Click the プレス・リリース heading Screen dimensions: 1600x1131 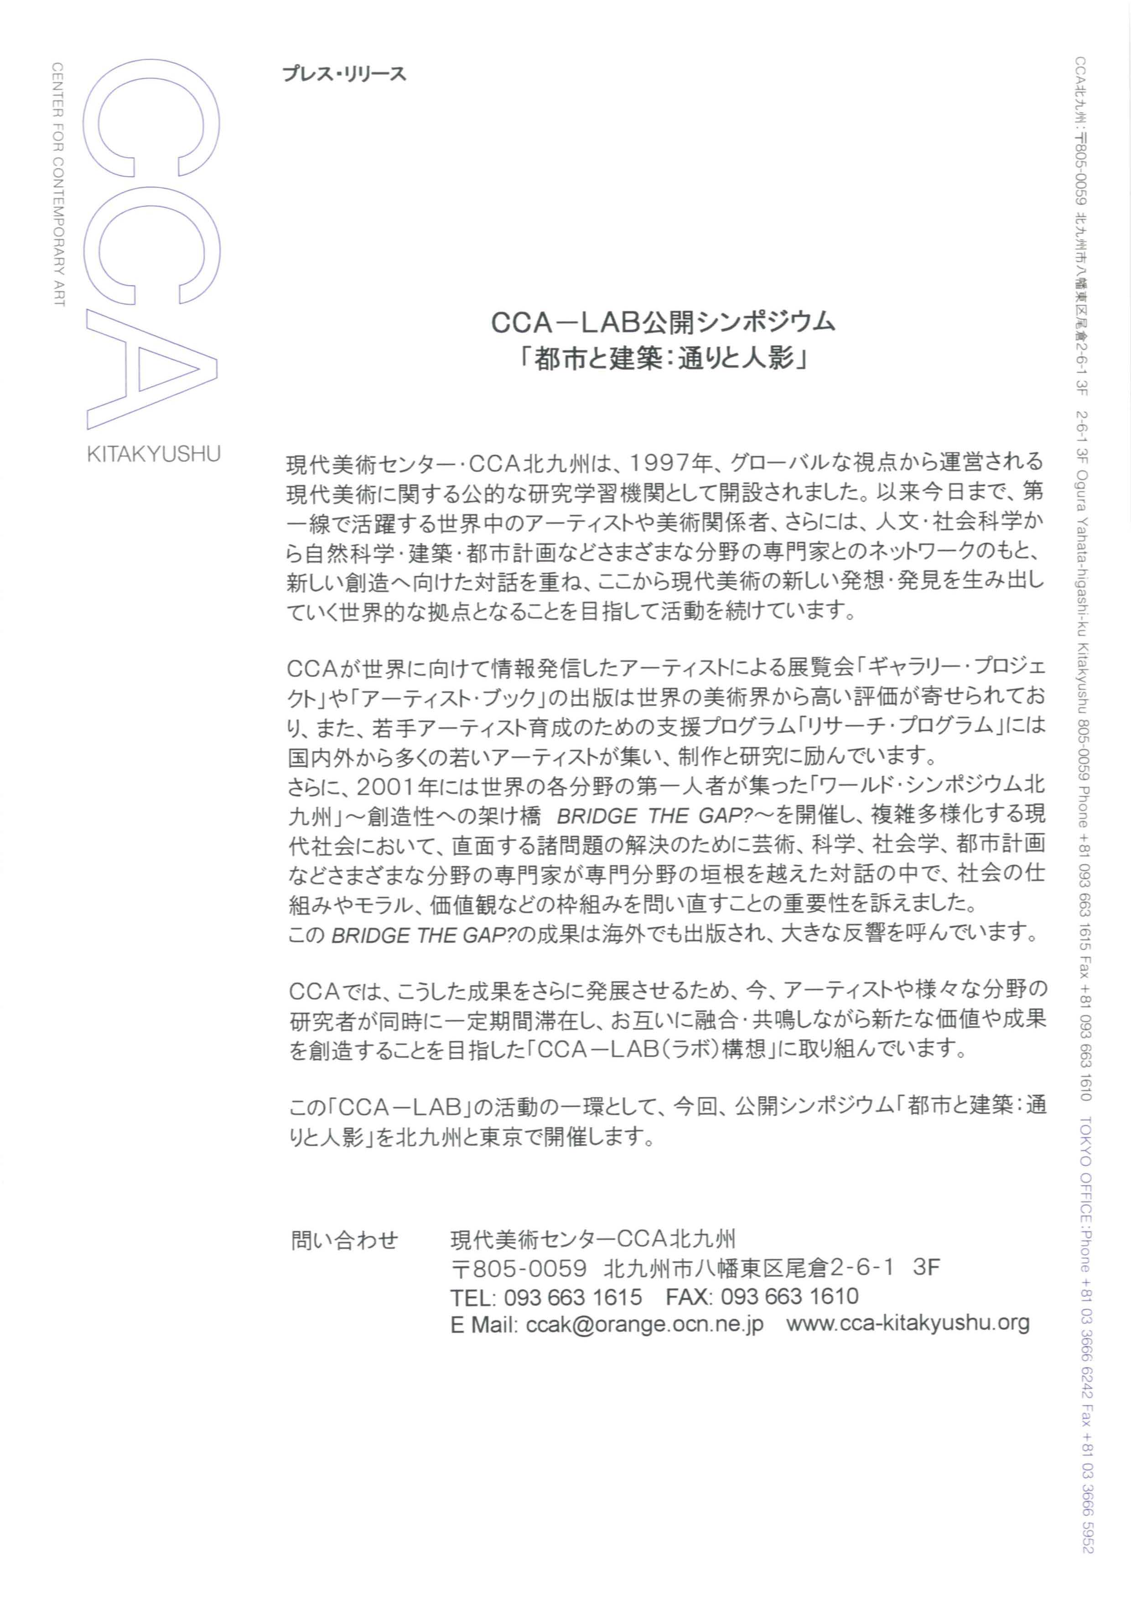[344, 74]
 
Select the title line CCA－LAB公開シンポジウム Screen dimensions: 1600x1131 [664, 322]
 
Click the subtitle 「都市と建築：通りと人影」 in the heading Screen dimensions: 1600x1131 [664, 360]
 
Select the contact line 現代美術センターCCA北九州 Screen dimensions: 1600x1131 [593, 1240]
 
